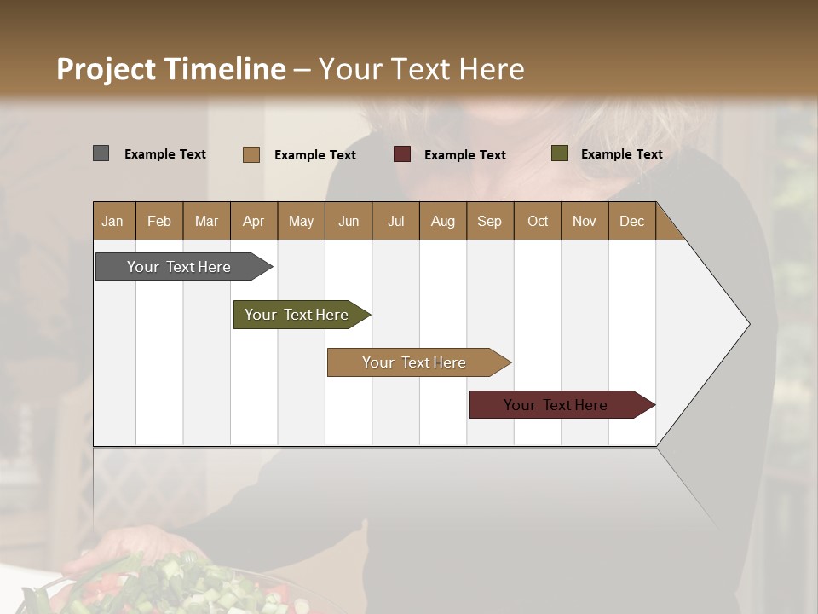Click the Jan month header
click(112, 221)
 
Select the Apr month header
click(253, 221)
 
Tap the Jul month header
click(395, 221)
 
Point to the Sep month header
click(489, 221)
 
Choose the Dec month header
click(631, 221)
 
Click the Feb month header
click(159, 221)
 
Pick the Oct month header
click(538, 221)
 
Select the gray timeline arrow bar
click(179, 267)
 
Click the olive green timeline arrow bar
click(297, 315)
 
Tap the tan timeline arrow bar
click(414, 362)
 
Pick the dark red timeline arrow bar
click(556, 405)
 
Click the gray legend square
click(101, 153)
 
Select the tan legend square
click(251, 154)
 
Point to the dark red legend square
click(402, 154)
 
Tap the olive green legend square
click(559, 153)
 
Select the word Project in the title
click(106, 69)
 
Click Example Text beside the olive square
click(621, 154)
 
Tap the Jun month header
click(349, 221)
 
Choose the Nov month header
click(585, 221)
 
